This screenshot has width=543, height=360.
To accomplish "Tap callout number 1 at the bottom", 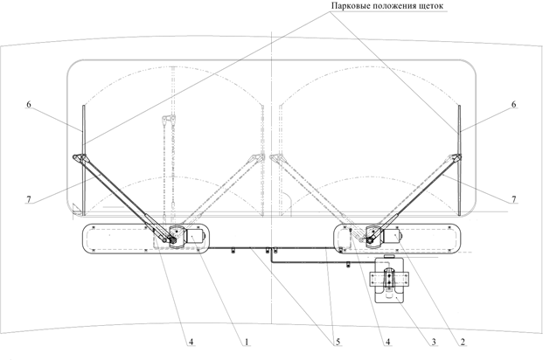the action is tap(247, 342).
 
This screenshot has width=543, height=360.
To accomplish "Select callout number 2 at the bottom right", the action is tap(462, 342).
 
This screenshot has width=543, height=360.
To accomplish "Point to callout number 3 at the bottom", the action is tap(434, 342).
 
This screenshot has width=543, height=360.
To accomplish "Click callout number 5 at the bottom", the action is tap(338, 342).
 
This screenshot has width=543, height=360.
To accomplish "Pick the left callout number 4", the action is tap(191, 342).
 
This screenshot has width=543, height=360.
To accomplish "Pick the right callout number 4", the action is tap(388, 342).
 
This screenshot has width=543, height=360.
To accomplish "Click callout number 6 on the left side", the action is tap(29, 104).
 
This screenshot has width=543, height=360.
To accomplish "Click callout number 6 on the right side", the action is tap(513, 104).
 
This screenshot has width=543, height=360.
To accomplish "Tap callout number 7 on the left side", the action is tap(29, 199).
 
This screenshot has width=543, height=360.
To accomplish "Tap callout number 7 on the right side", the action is tap(513, 199).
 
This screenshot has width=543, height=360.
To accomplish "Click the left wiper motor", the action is tap(196, 237).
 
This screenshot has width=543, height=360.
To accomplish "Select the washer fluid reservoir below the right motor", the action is tap(390, 280).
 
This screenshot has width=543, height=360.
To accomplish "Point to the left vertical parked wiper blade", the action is tap(83, 160).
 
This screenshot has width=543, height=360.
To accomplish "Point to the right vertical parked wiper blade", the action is tap(460, 160).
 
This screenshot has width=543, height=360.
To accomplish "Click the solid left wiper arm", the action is tap(123, 198).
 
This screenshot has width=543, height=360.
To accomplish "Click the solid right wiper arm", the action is tap(415, 198).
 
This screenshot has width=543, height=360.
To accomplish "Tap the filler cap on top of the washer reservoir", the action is tap(390, 256).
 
